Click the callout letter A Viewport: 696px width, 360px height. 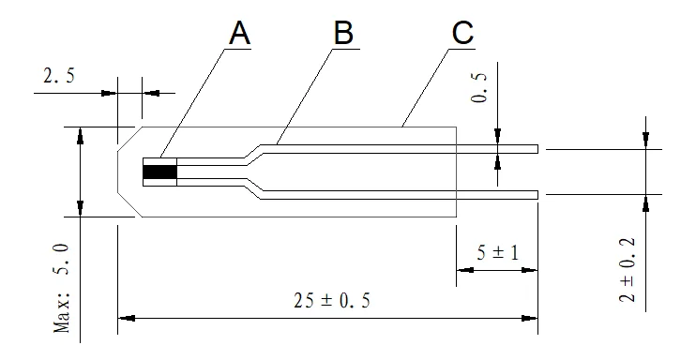(240, 33)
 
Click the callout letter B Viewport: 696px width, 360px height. (343, 33)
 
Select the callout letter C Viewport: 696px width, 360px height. (463, 33)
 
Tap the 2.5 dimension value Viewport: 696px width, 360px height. (59, 76)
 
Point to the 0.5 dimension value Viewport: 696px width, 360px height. (479, 88)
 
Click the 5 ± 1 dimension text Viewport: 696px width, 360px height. (497, 252)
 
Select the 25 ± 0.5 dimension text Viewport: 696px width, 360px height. (331, 301)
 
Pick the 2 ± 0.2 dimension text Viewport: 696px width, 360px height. (628, 270)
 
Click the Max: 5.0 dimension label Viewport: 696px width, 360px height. (62, 289)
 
